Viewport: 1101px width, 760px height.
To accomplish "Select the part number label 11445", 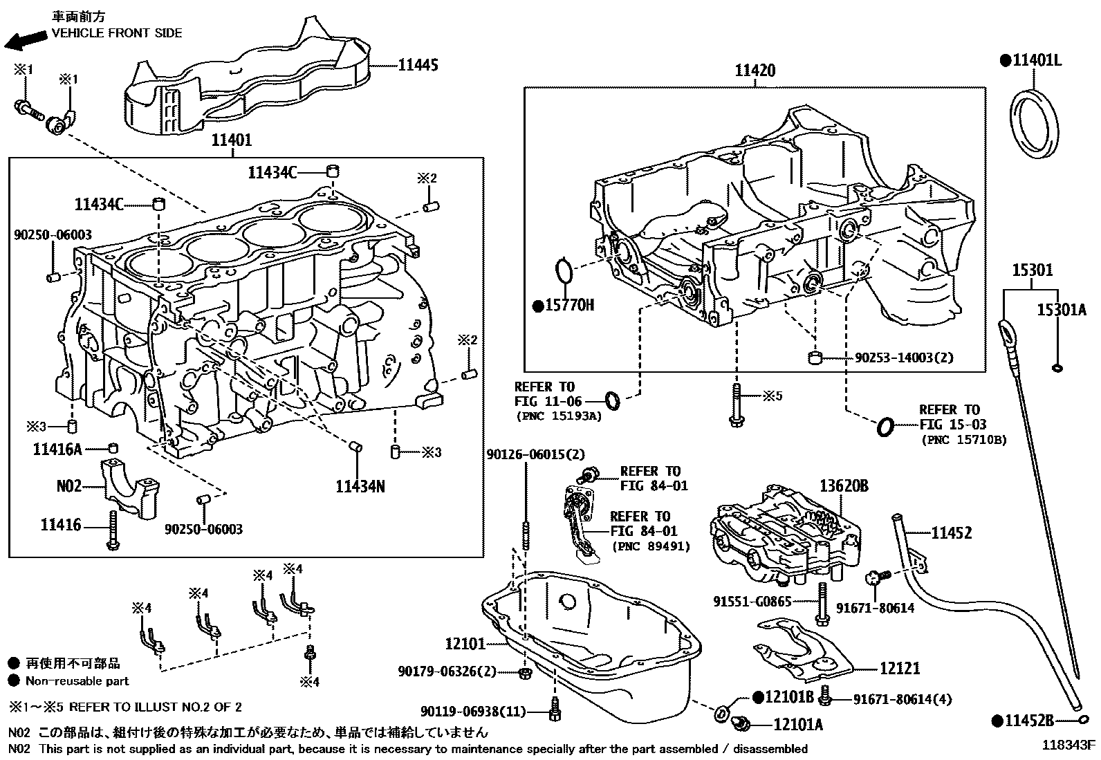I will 418,65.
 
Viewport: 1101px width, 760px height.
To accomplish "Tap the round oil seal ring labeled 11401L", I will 1035,125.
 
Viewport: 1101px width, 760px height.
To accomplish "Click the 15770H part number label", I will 568,305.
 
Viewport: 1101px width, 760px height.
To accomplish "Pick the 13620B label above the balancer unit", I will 844,486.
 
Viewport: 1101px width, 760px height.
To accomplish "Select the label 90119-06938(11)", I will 472,711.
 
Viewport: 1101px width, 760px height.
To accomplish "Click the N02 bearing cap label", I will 68,486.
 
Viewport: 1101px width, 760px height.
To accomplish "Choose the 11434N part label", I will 360,486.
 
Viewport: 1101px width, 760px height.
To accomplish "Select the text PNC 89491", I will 642,546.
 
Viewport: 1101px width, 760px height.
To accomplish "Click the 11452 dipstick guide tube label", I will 951,532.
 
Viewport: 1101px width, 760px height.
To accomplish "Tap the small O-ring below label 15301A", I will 1057,367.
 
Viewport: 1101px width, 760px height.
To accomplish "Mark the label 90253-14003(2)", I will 904,358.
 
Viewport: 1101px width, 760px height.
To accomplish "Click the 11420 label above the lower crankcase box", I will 755,70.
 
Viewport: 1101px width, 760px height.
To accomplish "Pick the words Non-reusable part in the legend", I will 77,680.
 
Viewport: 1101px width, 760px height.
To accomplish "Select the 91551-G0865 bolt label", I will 752,602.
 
